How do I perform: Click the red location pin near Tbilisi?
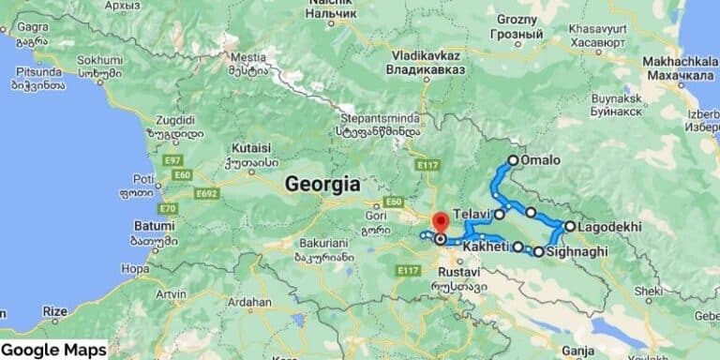point(439,225)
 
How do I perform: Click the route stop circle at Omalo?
point(513,160)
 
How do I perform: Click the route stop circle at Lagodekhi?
point(569,226)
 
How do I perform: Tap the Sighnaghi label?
point(577,252)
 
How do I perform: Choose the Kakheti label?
point(486,247)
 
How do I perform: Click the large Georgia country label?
point(322,182)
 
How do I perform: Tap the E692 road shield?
point(207,193)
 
